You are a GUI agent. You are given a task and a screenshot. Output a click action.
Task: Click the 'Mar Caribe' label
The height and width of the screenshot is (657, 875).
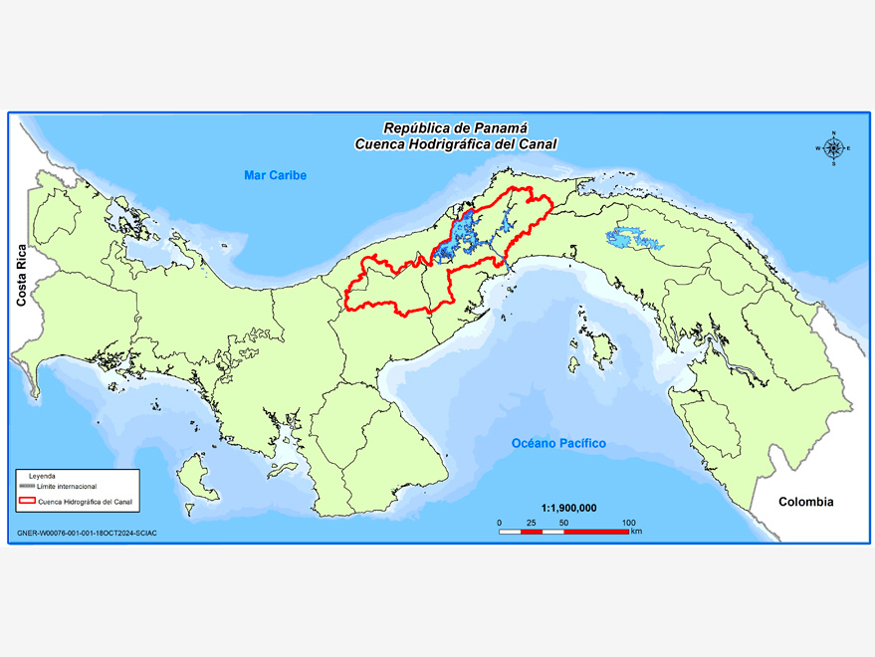tap(276, 176)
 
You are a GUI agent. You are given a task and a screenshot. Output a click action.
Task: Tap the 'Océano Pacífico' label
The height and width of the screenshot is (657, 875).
tap(558, 443)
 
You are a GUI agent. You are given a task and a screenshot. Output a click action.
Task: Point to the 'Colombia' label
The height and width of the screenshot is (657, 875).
tap(806, 502)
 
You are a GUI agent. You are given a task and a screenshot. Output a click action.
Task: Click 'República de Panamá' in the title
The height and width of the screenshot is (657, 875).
tap(456, 128)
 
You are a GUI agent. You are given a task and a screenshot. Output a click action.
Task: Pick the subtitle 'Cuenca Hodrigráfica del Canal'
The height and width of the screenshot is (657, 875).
tap(456, 144)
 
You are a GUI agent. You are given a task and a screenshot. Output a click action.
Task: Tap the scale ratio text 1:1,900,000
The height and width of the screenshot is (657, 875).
tap(568, 508)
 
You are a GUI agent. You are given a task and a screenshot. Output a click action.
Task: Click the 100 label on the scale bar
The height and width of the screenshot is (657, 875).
tap(629, 523)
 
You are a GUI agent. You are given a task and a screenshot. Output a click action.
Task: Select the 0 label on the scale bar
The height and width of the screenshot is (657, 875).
tap(499, 523)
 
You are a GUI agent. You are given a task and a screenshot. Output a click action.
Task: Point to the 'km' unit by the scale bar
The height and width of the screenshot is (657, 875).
tap(636, 533)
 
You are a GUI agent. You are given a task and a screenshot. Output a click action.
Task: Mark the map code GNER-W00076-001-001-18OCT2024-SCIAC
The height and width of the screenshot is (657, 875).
tap(87, 534)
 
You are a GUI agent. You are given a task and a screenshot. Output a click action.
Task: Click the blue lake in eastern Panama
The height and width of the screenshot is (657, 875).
tap(627, 239)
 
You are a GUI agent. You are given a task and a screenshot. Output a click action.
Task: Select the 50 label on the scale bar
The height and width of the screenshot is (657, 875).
tap(563, 523)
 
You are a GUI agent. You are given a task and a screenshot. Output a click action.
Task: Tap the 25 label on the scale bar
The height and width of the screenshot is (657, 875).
tap(531, 523)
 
